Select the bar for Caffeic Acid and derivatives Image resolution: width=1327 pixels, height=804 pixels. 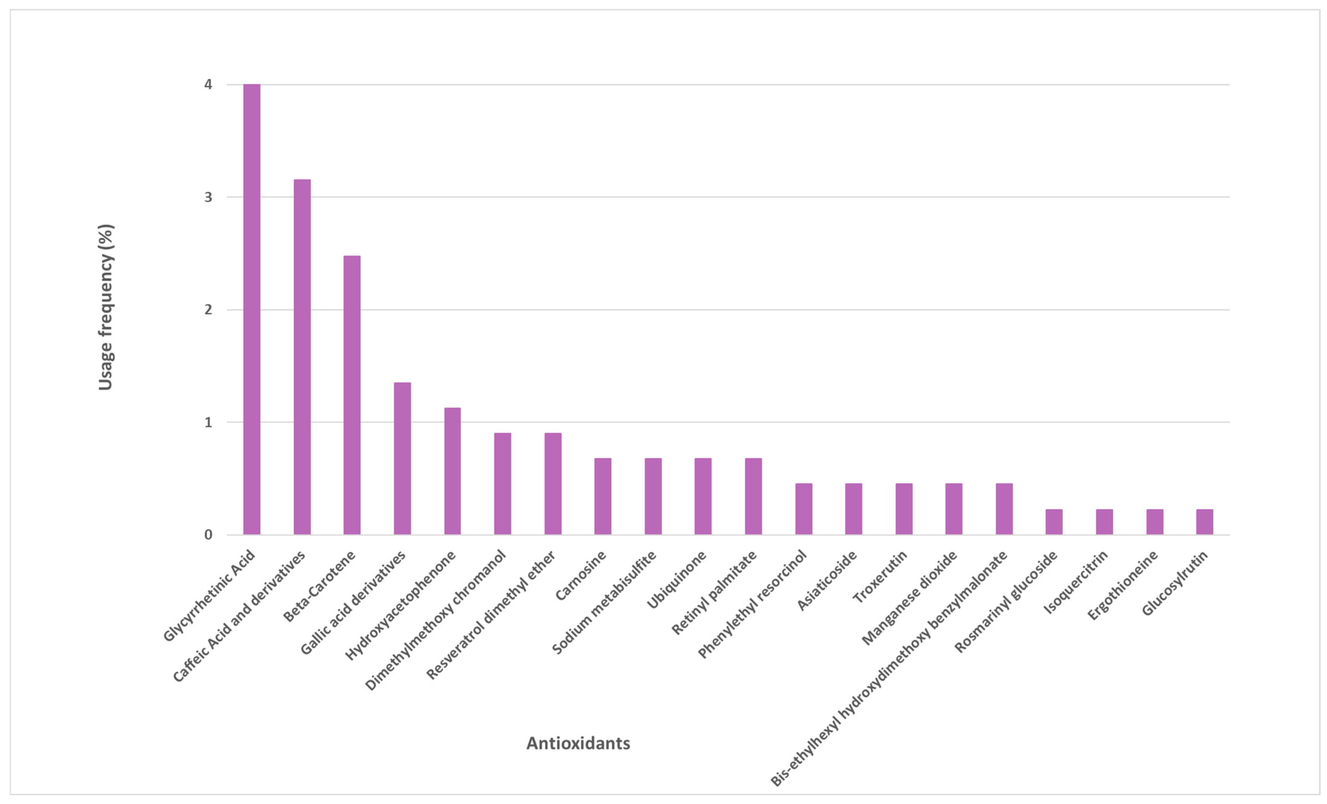[302, 357]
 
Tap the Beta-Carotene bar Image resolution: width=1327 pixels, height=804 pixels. [352, 395]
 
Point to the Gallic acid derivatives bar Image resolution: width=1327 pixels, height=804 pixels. [402, 459]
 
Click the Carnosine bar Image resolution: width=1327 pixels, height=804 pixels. [602, 496]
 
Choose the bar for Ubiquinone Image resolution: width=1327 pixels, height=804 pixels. [703, 496]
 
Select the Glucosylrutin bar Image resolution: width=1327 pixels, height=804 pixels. [1205, 522]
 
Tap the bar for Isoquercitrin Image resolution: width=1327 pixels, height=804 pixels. [1104, 522]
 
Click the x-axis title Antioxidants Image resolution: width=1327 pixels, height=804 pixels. [578, 744]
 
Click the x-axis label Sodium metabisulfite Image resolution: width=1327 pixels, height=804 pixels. [604, 602]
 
